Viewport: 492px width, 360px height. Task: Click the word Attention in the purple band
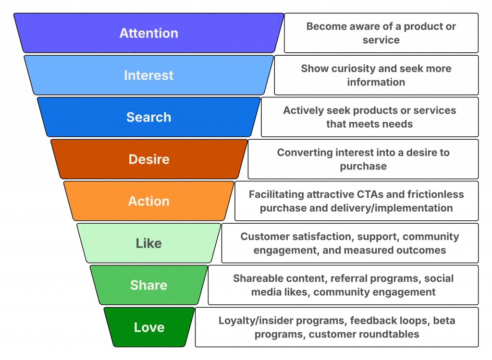pyautogui.click(x=148, y=33)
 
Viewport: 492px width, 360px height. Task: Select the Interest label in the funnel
pyautogui.click(x=148, y=75)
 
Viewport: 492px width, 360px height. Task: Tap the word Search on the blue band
pyautogui.click(x=148, y=117)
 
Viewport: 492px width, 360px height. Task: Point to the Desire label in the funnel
pyautogui.click(x=149, y=159)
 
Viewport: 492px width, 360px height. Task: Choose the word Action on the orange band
pyautogui.click(x=148, y=201)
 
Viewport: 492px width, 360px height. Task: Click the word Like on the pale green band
pyautogui.click(x=148, y=243)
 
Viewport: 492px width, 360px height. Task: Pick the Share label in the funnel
pyautogui.click(x=148, y=285)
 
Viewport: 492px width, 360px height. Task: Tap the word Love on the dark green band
pyautogui.click(x=149, y=327)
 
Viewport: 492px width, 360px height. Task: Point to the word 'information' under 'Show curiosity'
pyautogui.click(x=376, y=82)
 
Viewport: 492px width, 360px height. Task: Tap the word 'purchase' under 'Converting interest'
pyautogui.click(x=363, y=166)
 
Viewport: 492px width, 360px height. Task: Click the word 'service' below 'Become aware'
pyautogui.click(x=381, y=40)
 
